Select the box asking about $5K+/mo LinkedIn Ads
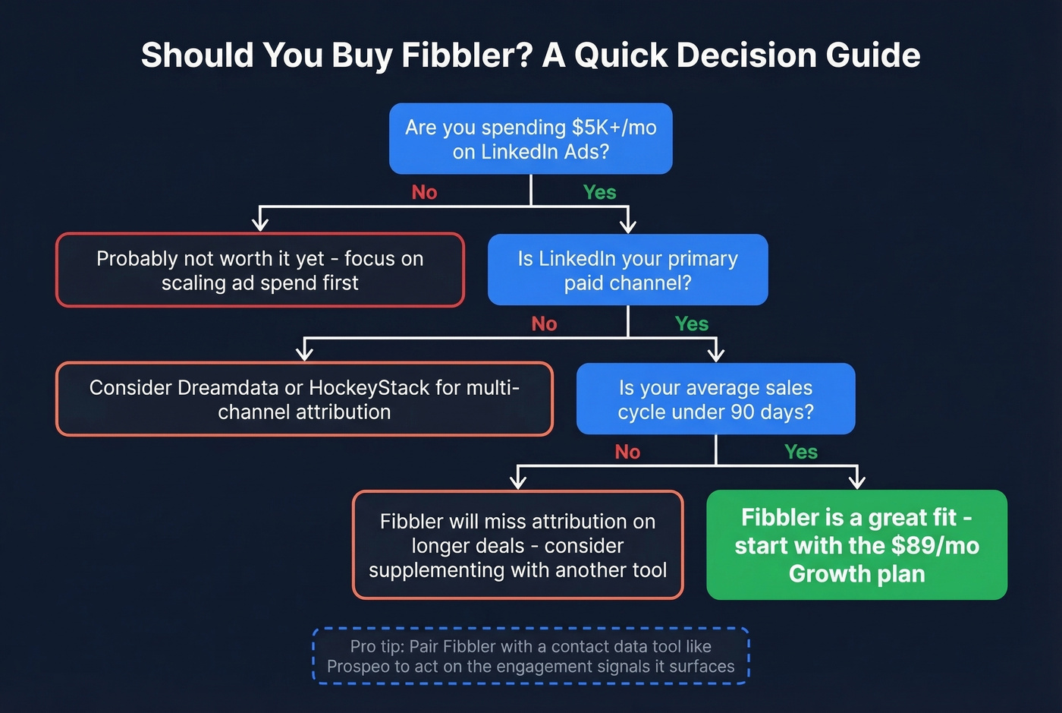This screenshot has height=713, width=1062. pyautogui.click(x=530, y=139)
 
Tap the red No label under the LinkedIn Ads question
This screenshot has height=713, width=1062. pyautogui.click(x=424, y=192)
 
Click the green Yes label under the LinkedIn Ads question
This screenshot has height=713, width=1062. pyautogui.click(x=599, y=192)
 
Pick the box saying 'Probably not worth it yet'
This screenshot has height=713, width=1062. pyautogui.click(x=259, y=270)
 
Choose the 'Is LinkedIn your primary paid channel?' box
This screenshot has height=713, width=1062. pyautogui.click(x=627, y=270)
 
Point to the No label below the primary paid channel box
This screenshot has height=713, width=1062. pyautogui.click(x=544, y=323)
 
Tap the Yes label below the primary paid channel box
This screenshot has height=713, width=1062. pyautogui.click(x=691, y=323)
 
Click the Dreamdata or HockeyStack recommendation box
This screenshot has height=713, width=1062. pyautogui.click(x=304, y=399)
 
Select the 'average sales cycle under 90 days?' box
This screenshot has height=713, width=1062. pyautogui.click(x=715, y=399)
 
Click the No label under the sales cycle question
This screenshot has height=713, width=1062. pyautogui.click(x=627, y=452)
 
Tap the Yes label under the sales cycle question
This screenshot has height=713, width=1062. pyautogui.click(x=800, y=452)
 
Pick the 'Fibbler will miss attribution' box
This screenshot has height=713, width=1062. pyautogui.click(x=517, y=545)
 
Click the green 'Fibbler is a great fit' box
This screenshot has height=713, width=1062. pyautogui.click(x=856, y=545)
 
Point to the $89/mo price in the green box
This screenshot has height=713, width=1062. pyautogui.click(x=935, y=546)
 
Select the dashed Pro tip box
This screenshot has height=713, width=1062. pyautogui.click(x=530, y=656)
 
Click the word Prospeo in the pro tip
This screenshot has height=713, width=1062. pyautogui.click(x=358, y=667)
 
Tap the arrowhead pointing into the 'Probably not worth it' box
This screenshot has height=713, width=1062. pyautogui.click(x=260, y=223)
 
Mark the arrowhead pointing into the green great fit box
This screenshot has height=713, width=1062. pyautogui.click(x=857, y=481)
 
